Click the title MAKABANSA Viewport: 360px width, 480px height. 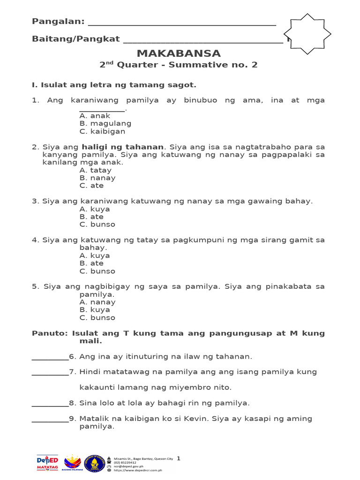pyautogui.click(x=178, y=53)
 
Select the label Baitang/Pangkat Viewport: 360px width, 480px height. pyautogui.click(x=76, y=39)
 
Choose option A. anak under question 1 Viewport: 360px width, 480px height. pyautogui.click(x=95, y=116)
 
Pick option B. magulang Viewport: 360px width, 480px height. pyautogui.click(x=105, y=123)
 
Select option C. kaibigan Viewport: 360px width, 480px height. pyautogui.click(x=102, y=131)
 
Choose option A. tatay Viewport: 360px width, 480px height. pyautogui.click(x=95, y=170)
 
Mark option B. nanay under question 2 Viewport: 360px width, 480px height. pyautogui.click(x=97, y=178)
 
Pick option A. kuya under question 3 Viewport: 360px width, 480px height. pyautogui.click(x=95, y=209)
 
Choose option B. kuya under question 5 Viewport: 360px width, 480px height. pyautogui.click(x=95, y=310)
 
